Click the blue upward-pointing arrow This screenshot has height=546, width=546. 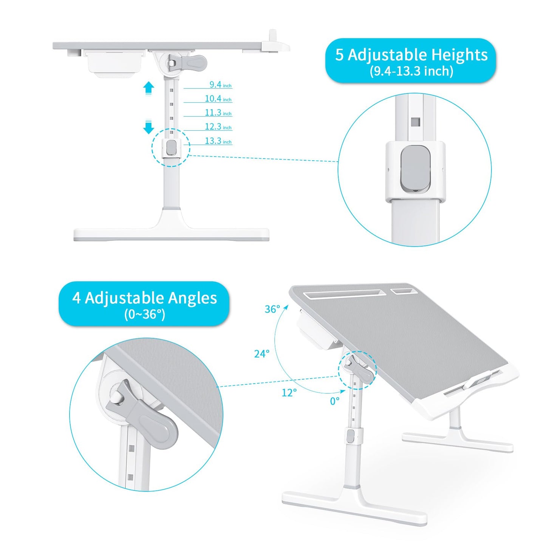tap(148, 88)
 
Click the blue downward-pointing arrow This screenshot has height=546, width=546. tap(148, 127)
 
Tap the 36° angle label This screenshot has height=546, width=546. tap(272, 309)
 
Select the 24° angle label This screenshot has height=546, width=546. tap(261, 354)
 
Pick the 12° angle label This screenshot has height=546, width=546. tap(289, 393)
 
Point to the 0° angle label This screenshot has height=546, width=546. tap(335, 401)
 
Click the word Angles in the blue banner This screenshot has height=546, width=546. tap(192, 298)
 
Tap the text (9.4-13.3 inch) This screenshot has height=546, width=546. tap(411, 71)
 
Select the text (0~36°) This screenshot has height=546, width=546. tap(144, 314)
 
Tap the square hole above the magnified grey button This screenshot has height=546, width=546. tap(415, 122)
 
